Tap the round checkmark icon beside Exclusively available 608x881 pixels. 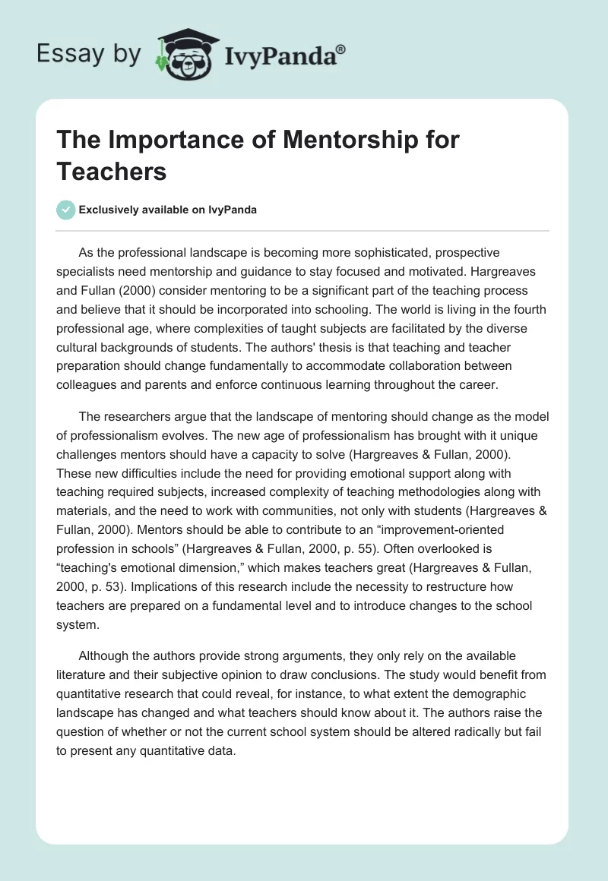(x=66, y=210)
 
